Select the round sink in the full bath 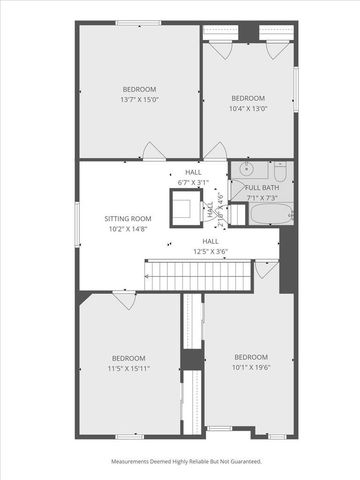250,170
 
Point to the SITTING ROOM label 127,218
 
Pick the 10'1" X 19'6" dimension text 250,367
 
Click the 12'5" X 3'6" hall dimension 211,251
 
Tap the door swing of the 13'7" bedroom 152,151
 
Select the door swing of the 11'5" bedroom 121,298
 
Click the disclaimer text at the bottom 185,462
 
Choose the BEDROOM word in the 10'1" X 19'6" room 250,357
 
